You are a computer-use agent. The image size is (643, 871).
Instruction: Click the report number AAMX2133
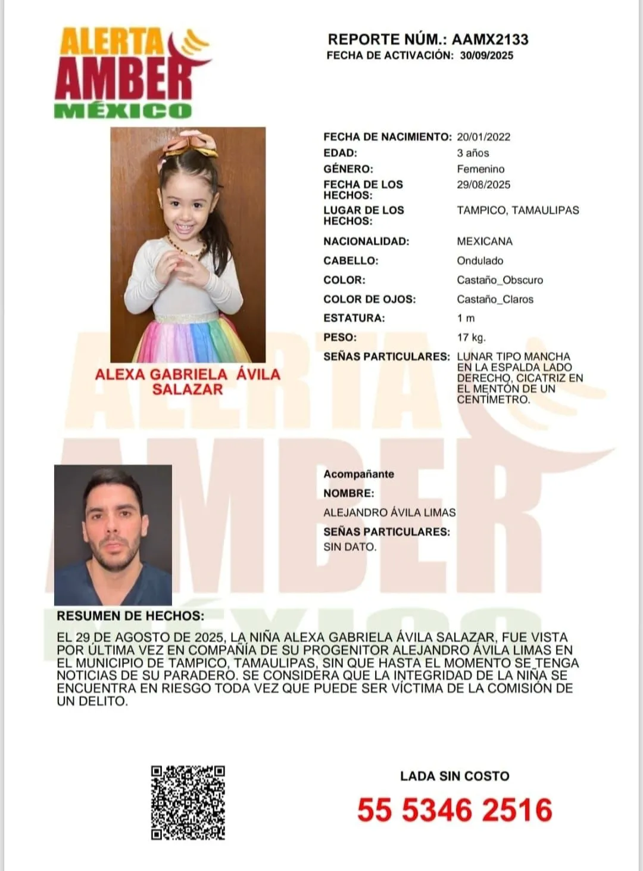[490, 39]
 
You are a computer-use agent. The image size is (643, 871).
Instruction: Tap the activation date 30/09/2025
[486, 55]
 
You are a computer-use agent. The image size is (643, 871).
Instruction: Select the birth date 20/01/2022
[483, 137]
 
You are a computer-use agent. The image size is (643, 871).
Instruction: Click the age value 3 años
[473, 153]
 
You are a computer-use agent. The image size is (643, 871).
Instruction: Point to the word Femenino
[480, 169]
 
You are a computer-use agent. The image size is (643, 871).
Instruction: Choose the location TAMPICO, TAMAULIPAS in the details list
[517, 210]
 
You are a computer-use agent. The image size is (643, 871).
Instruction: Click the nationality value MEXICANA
[485, 241]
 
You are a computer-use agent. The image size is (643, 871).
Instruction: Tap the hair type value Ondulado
[480, 261]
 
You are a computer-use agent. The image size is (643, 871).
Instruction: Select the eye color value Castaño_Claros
[495, 299]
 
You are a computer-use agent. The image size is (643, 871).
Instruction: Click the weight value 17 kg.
[471, 337]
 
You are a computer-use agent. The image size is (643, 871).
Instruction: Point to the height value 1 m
[466, 318]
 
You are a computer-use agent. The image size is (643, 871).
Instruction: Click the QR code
[188, 802]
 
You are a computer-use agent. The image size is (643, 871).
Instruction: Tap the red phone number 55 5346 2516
[455, 810]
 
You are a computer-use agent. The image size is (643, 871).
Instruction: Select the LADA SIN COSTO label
[455, 776]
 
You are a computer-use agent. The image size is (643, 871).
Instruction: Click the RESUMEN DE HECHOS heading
[130, 616]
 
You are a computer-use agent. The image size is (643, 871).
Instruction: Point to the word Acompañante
[358, 474]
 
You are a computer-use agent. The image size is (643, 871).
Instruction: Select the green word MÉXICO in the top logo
[123, 110]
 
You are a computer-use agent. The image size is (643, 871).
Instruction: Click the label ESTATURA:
[354, 318]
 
